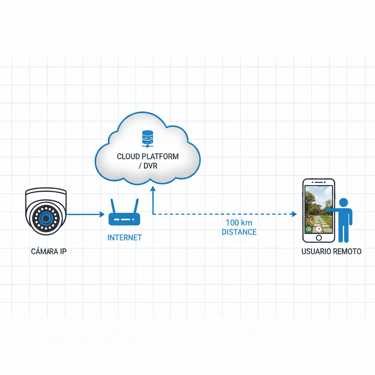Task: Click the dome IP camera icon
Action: click(x=46, y=211)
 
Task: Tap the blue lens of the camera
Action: click(x=46, y=218)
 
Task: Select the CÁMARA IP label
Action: click(x=49, y=251)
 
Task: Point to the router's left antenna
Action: click(x=113, y=206)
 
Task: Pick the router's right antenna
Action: click(x=136, y=206)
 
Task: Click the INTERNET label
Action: click(x=125, y=237)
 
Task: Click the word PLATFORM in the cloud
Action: click(x=160, y=156)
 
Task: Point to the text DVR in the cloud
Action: click(x=151, y=166)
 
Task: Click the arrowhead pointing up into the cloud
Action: click(x=153, y=189)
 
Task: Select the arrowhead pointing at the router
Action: click(x=102, y=214)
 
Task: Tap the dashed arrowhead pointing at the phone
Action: click(x=294, y=214)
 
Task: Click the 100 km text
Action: click(x=239, y=223)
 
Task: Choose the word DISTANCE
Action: click(x=239, y=232)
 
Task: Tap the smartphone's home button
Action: click(x=319, y=238)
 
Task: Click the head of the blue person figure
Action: click(x=344, y=203)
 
